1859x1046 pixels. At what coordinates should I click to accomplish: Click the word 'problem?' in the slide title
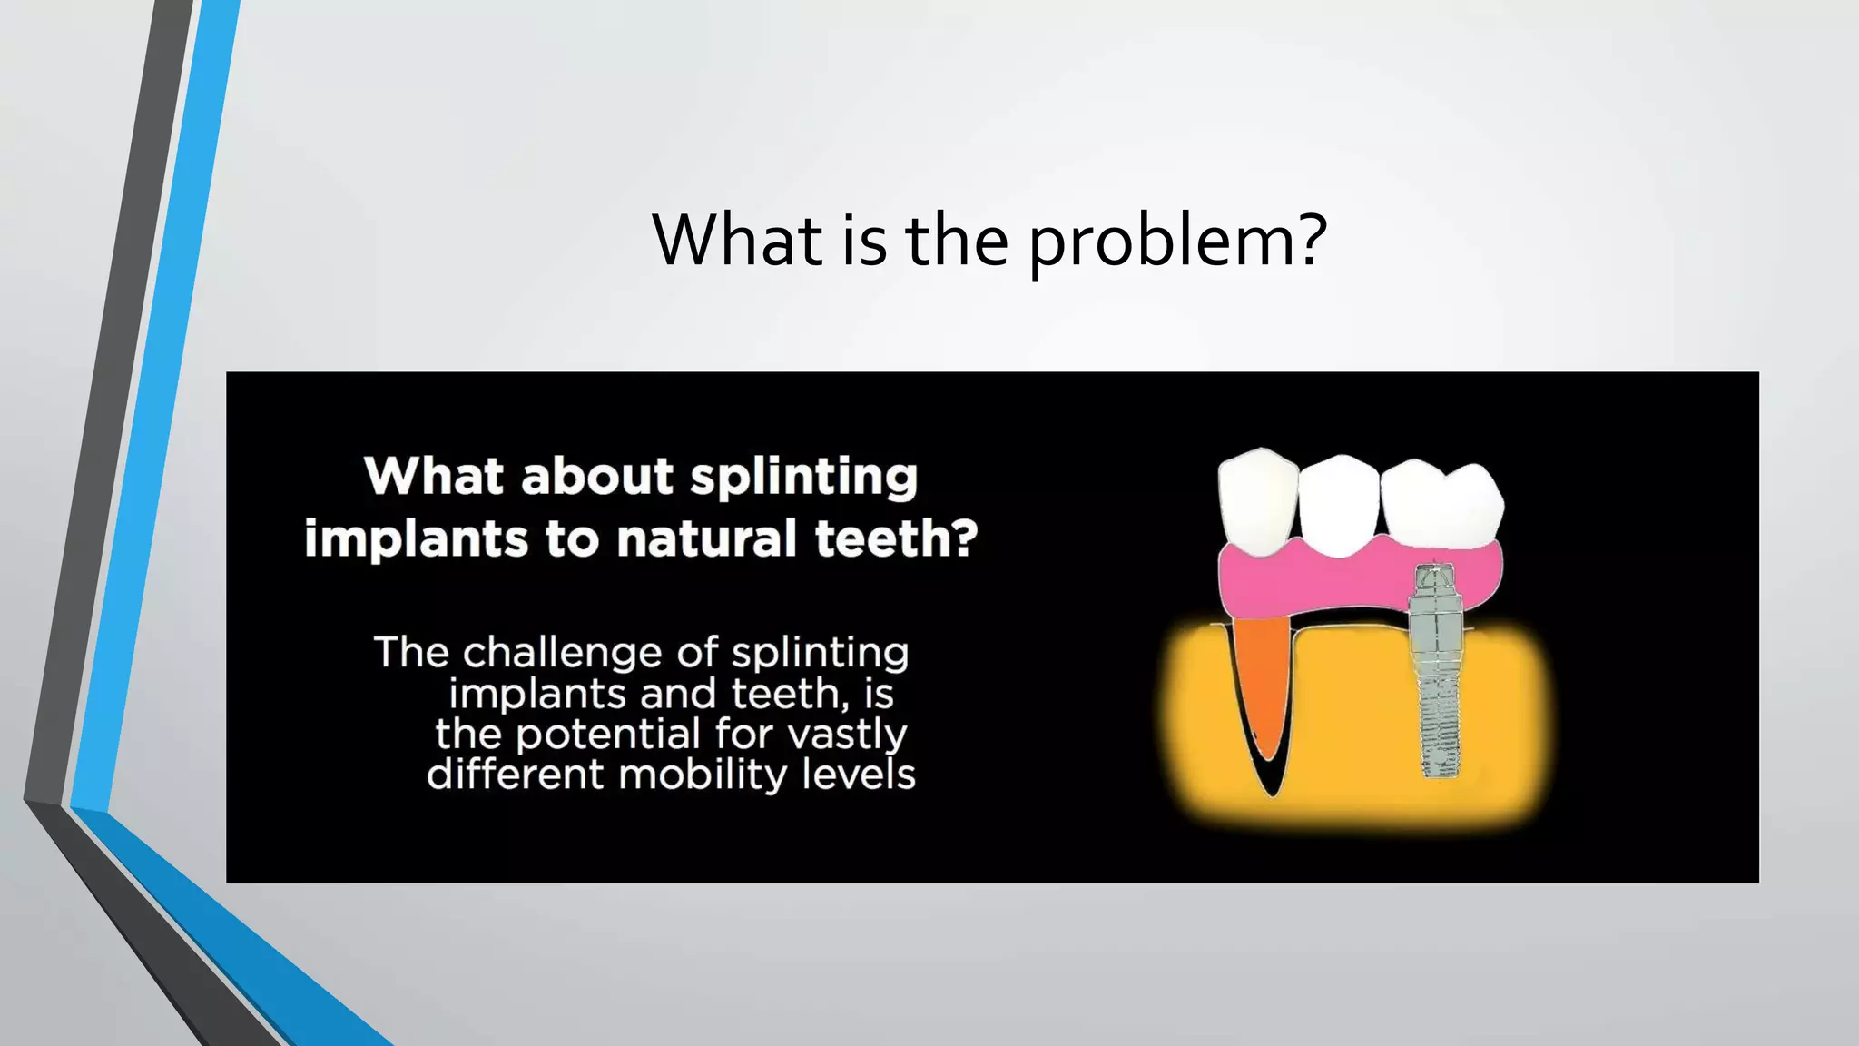tap(1178, 242)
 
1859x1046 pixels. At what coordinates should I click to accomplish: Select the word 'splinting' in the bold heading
tap(803, 478)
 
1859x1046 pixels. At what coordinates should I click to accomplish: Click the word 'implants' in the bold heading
tap(415, 539)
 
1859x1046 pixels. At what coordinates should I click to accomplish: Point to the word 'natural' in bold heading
tap(706, 538)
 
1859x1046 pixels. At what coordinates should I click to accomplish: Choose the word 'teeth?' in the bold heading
tap(896, 538)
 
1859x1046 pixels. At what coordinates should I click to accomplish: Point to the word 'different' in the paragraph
tap(515, 775)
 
